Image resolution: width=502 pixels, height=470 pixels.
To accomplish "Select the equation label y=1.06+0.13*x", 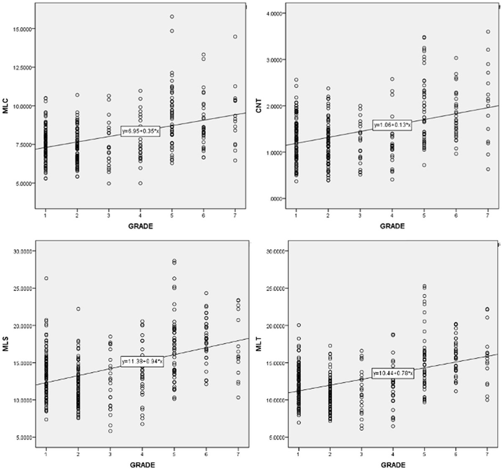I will tap(392, 125).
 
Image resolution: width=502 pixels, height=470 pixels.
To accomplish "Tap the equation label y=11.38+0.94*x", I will tap(142, 361).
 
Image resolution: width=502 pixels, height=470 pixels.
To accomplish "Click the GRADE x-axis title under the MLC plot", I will tap(141, 226).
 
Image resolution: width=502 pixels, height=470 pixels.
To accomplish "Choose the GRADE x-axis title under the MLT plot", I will tap(392, 465).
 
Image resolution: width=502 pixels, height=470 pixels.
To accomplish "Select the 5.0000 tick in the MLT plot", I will tap(275, 437).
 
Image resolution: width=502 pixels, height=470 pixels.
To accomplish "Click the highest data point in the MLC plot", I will tap(172, 17).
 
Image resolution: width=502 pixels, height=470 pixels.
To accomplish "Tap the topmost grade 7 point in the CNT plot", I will tap(488, 32).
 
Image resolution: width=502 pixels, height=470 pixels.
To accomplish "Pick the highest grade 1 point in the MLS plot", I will tap(46, 278).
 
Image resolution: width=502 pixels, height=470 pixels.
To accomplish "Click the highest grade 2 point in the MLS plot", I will tap(78, 309).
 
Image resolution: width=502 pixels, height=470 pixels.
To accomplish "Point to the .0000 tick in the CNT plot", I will tap(277, 199).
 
